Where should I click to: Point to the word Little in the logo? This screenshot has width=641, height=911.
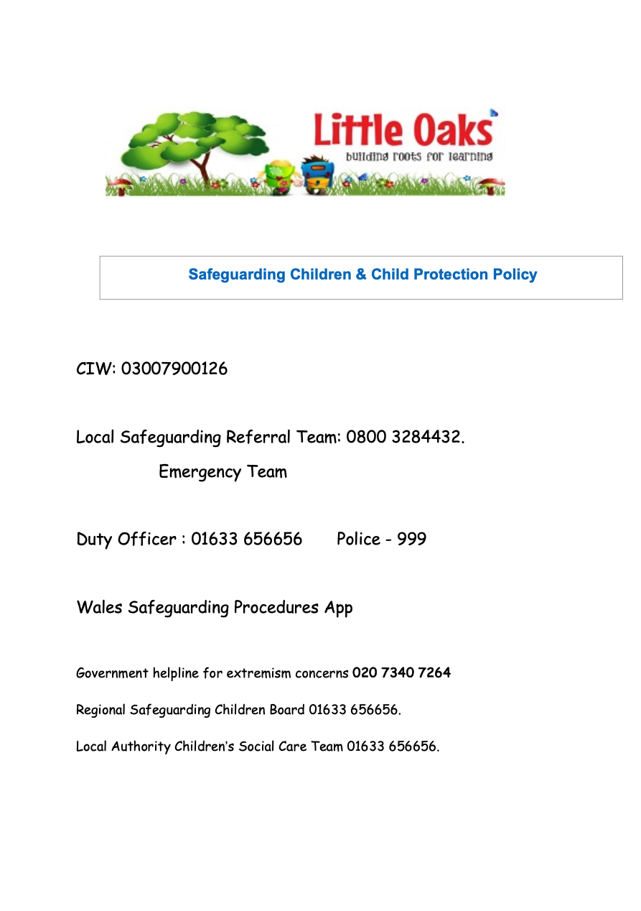[358, 131]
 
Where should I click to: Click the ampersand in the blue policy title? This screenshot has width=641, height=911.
[360, 274]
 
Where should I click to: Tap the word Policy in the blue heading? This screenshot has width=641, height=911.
[515, 274]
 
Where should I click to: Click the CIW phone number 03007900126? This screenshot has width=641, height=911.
[174, 369]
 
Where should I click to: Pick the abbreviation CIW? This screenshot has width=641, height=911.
[94, 369]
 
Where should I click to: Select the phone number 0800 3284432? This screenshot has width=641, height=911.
[403, 437]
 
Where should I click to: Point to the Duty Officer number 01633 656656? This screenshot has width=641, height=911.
[246, 539]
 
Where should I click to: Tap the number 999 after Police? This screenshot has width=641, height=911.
[411, 539]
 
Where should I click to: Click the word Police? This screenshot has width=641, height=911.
[357, 539]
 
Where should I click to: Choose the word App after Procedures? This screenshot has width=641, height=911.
[338, 608]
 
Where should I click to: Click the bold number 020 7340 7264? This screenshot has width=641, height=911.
[401, 673]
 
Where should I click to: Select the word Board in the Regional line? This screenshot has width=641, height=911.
[289, 710]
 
